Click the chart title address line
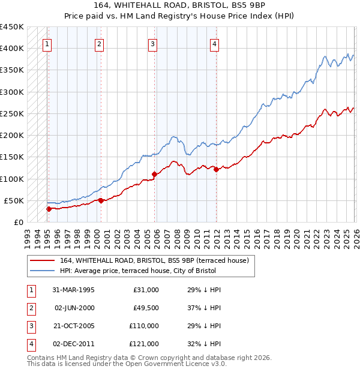coord(179,5)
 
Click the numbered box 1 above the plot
coord(47,43)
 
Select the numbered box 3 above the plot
coord(153,43)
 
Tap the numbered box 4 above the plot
coord(214,43)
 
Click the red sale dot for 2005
coord(155,174)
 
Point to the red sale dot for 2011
coord(216,169)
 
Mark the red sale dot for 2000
coord(101,200)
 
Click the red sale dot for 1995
coord(49,209)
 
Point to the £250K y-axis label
coord(11,113)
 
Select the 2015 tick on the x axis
coord(247,233)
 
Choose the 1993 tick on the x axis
coord(28,233)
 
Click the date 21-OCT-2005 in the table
coord(74,326)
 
